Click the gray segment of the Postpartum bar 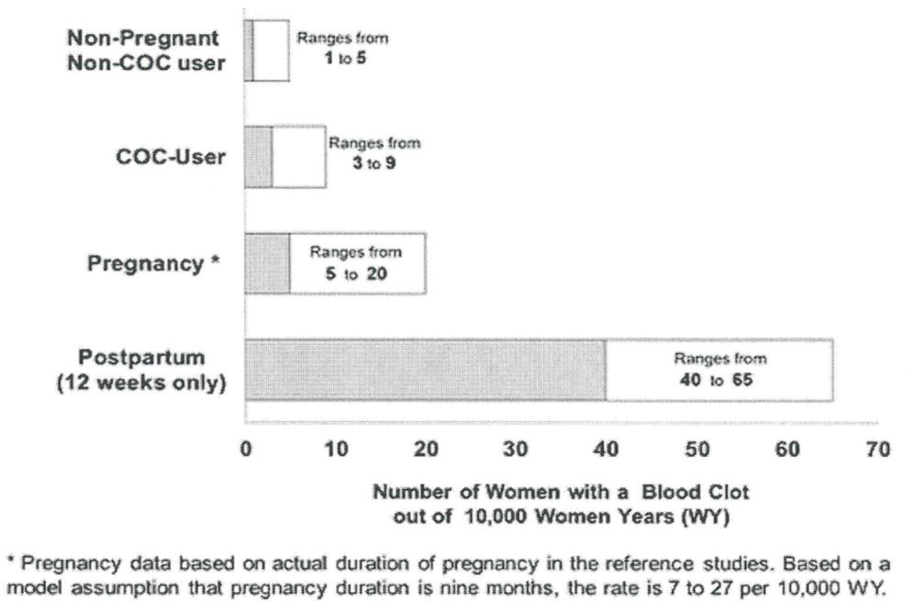(x=425, y=370)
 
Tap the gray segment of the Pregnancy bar (x=267, y=263)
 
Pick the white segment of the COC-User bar (x=298, y=174)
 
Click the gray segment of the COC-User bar (x=259, y=157)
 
